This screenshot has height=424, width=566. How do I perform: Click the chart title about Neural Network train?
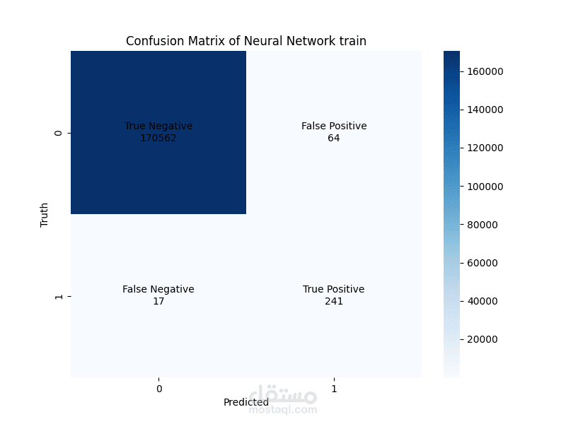coord(246,41)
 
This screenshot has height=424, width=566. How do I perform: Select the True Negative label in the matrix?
coord(158,126)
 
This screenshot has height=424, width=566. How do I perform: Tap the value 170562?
coord(158,138)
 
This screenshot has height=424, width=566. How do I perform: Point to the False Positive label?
coord(334,126)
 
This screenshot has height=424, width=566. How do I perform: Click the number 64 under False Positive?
coord(334,138)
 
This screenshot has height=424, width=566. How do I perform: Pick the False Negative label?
coord(158,290)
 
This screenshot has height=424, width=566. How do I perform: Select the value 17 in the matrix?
coord(158,301)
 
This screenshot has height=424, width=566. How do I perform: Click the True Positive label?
coord(334,290)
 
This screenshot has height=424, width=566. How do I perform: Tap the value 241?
coord(334,301)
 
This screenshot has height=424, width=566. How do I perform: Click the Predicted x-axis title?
coord(246,402)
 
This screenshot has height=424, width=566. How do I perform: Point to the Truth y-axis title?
coord(45,215)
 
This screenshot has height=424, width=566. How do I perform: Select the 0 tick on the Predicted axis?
coord(158,389)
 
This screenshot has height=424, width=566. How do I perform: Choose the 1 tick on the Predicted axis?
coord(334,389)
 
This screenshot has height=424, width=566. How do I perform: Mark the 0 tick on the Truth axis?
coord(59,133)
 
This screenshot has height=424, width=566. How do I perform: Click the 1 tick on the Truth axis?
coord(59,296)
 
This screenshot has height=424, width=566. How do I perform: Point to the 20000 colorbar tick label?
coord(484,339)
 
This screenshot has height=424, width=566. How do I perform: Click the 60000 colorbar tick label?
coord(484,263)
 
